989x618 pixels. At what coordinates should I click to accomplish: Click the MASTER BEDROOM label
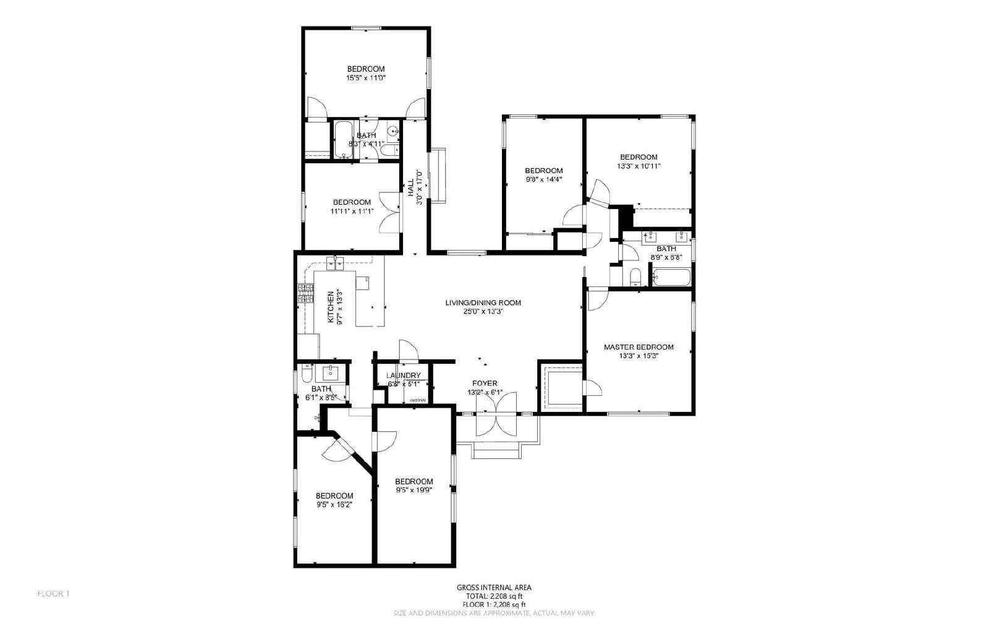coord(639,347)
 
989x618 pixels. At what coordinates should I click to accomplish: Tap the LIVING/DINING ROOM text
coord(483,303)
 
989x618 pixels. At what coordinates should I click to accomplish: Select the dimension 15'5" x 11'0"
coord(366,78)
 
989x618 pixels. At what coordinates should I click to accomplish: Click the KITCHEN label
coord(331,307)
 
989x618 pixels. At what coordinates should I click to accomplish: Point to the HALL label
coord(410,187)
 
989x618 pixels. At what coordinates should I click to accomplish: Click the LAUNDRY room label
coord(403,376)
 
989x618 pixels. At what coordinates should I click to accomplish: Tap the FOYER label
coord(485,384)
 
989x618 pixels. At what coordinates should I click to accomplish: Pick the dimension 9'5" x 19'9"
coord(414,490)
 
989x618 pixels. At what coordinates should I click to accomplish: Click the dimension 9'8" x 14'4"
coord(543,179)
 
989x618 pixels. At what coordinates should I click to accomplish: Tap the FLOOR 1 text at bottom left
coord(54,594)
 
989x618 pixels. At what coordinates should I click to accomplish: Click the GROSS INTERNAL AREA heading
coord(494,588)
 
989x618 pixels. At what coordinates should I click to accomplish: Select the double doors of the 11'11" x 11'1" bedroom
coord(389,212)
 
